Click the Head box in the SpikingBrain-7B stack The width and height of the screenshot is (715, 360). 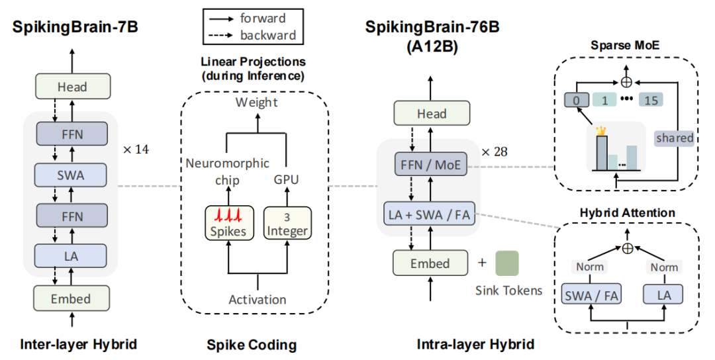coord(72,87)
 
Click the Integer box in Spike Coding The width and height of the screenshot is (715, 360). coord(287,224)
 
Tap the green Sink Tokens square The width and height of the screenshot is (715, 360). coord(507,262)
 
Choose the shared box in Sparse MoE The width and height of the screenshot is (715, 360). coord(675,138)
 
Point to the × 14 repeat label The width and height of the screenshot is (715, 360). coord(136,149)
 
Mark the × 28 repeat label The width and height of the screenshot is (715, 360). coord(498,152)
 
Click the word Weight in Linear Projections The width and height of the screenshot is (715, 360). coord(258,103)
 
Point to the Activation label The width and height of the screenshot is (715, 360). coord(258,299)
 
